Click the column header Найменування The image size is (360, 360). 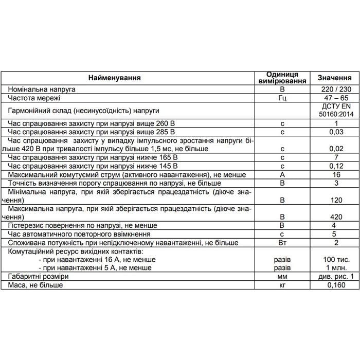(x=114, y=78)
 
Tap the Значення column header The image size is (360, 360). (x=334, y=78)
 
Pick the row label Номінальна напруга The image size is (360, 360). (x=42, y=89)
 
